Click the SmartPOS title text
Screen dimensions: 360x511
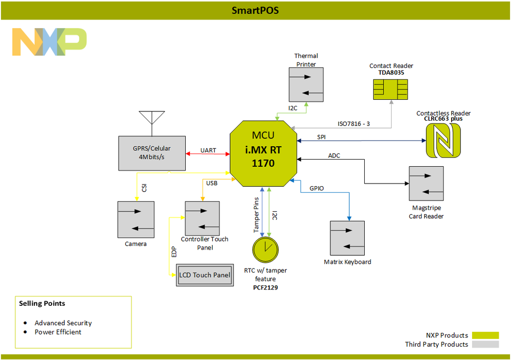[255, 10]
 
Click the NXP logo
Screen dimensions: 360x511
[49, 42]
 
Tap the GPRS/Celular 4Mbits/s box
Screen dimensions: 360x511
[151, 153]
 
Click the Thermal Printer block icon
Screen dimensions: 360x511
[306, 84]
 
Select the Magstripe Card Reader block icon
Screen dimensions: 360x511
[426, 183]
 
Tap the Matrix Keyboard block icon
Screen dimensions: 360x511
[347, 238]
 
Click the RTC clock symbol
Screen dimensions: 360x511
[265, 249]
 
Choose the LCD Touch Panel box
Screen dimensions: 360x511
[204, 275]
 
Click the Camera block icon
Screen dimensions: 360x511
[136, 219]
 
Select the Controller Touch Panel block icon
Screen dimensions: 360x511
[202, 218]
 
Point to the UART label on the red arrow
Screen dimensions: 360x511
[208, 150]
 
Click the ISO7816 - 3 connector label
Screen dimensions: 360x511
[355, 123]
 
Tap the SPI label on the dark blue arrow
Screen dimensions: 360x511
[321, 137]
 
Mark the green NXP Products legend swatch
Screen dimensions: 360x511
[485, 335]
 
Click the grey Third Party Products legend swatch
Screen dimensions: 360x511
[485, 344]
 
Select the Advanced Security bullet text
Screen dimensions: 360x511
[63, 323]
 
